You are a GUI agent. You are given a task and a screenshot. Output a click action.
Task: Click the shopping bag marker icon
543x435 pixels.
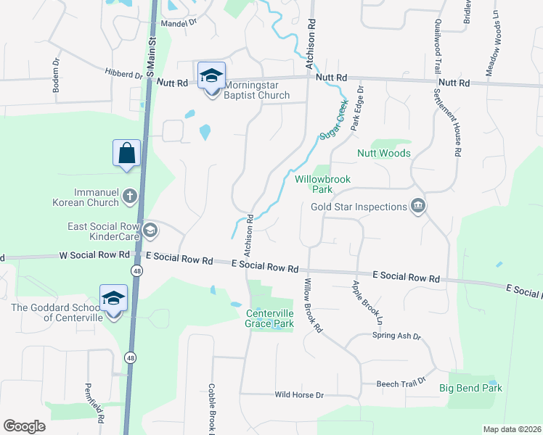[x=126, y=153]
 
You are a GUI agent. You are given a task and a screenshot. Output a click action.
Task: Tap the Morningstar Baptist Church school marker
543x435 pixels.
[x=211, y=75]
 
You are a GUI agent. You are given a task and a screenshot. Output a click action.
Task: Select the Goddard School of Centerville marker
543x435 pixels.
[x=113, y=299]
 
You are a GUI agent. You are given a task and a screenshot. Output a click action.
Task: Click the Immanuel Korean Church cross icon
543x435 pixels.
[x=129, y=195]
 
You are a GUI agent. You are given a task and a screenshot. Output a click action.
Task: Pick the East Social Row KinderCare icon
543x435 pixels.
[x=150, y=231]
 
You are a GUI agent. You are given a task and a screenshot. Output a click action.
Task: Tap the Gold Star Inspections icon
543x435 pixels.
[x=417, y=207]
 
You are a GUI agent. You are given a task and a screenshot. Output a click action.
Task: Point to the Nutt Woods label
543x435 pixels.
[x=384, y=153]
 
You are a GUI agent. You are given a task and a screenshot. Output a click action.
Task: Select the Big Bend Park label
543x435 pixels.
[x=470, y=389]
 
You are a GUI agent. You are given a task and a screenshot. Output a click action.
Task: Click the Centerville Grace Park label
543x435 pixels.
[x=269, y=318]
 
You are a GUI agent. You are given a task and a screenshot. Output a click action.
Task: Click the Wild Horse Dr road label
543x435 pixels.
[x=299, y=395]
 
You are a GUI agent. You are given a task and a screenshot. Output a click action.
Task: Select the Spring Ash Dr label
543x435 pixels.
[x=396, y=336]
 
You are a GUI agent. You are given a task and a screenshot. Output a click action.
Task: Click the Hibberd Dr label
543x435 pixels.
[x=123, y=74]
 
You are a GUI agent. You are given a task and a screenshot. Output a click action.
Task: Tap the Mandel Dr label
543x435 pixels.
[x=179, y=22]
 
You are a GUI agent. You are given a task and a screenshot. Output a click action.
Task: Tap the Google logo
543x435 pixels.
[x=25, y=426]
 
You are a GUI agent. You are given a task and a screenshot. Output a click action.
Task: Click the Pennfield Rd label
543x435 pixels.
[x=94, y=404]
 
